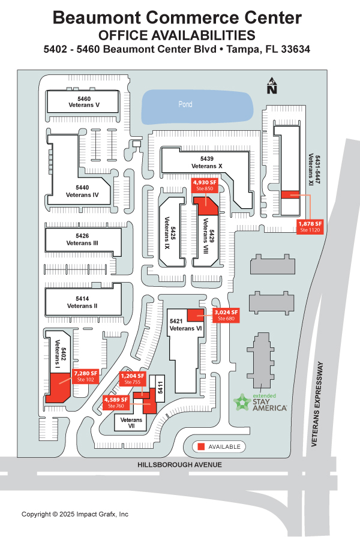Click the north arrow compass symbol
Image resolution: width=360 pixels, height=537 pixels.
coord(272,86)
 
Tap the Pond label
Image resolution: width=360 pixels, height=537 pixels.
coord(185,104)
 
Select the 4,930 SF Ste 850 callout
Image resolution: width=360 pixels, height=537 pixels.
coord(204,185)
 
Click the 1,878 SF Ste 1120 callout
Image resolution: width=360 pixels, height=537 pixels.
coord(311,226)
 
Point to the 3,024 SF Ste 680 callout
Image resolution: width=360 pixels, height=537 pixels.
coord(226,316)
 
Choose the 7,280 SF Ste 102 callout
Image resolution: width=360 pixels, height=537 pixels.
coord(85,376)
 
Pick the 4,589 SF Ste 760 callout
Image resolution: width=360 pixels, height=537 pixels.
coord(116,403)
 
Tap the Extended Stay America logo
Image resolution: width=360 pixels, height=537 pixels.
coord(260,403)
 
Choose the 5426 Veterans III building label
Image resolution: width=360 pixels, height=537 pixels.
coord(83,239)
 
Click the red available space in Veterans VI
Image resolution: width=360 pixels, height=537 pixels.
coord(196,315)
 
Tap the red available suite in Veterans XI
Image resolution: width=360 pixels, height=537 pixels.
coord(290,194)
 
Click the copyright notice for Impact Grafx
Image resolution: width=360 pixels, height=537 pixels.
coord(75,514)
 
